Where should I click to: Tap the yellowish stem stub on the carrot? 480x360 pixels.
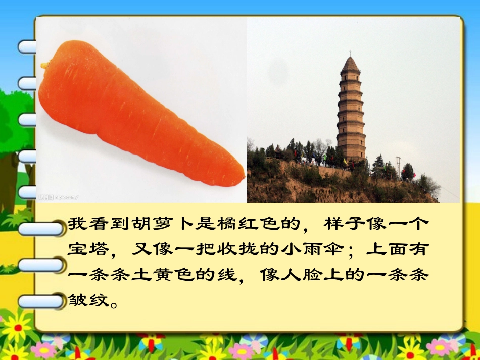point(45,65)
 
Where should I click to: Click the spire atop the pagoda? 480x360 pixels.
point(350,54)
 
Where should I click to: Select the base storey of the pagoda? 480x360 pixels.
point(351,151)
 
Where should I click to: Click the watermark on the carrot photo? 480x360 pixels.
point(59,197)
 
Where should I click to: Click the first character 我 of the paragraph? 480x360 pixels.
point(75,224)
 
